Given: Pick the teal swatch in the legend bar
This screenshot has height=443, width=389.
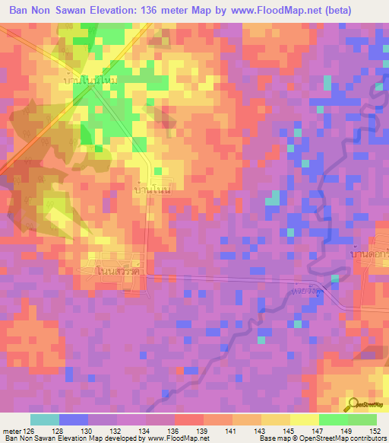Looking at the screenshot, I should (x=45, y=419).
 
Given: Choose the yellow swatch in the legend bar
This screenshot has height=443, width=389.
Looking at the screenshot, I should (x=305, y=419).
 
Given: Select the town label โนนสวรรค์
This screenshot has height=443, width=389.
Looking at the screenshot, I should (x=121, y=270).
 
